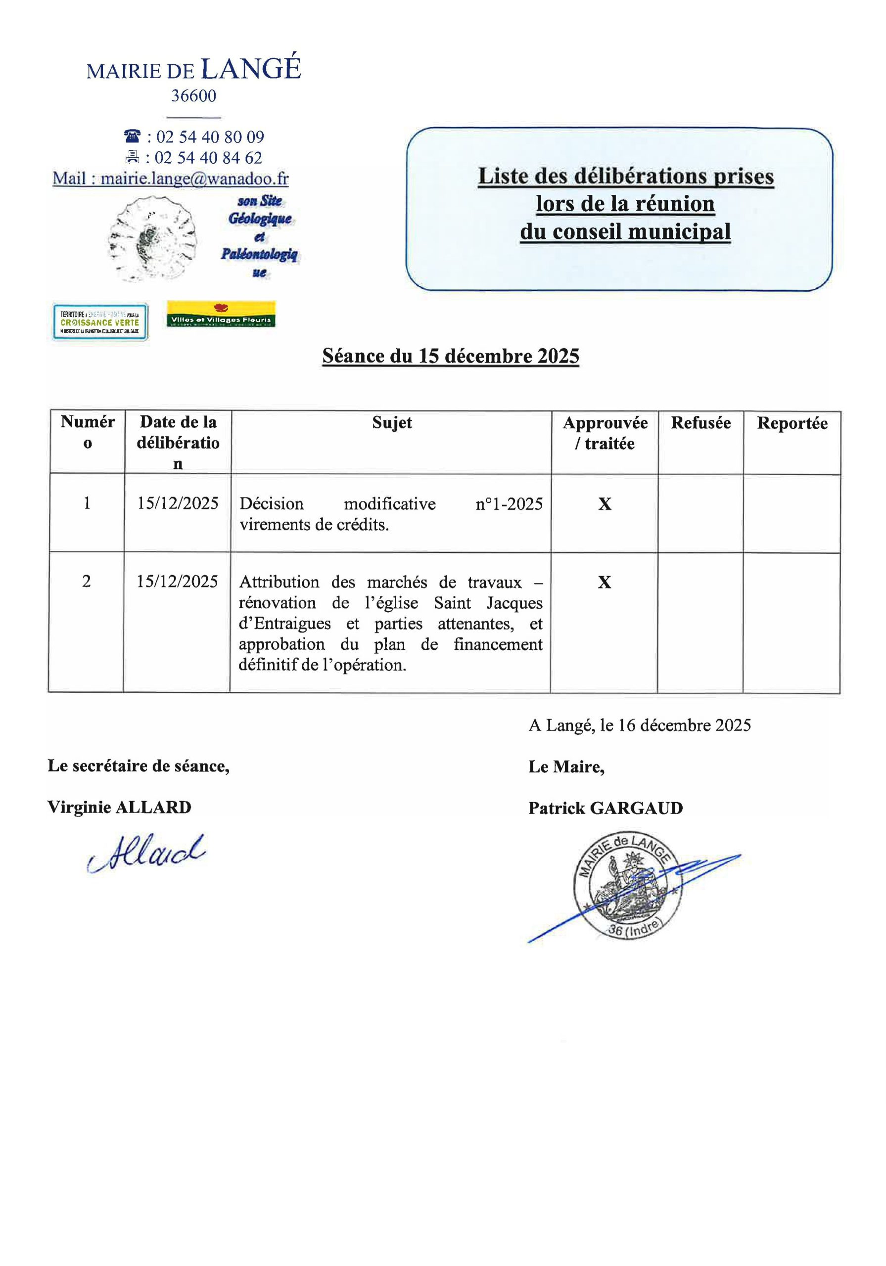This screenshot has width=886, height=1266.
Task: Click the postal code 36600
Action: point(193,96)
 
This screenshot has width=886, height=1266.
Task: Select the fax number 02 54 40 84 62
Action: point(208,158)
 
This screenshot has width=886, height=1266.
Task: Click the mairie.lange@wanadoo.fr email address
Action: point(195,179)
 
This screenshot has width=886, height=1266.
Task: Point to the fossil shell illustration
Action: point(152,239)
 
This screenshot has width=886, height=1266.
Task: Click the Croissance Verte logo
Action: point(100,321)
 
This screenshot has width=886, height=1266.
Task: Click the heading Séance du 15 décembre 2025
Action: point(450,356)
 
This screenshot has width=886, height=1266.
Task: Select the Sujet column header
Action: point(391,423)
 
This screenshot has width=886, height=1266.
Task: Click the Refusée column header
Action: point(700,423)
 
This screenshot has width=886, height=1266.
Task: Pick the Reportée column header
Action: point(792,423)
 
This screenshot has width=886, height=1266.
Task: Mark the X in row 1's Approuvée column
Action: point(605,504)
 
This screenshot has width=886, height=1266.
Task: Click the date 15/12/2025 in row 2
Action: point(177,582)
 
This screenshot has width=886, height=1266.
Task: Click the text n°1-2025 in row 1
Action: point(509,504)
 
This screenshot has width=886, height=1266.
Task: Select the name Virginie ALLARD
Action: point(119,807)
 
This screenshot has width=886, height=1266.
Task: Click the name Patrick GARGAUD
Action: point(605,809)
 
